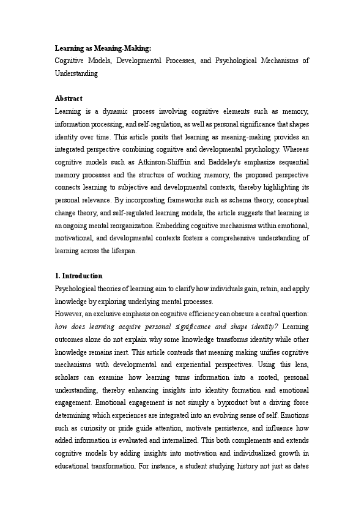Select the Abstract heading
(x=69, y=98)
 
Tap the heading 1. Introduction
(x=79, y=276)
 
